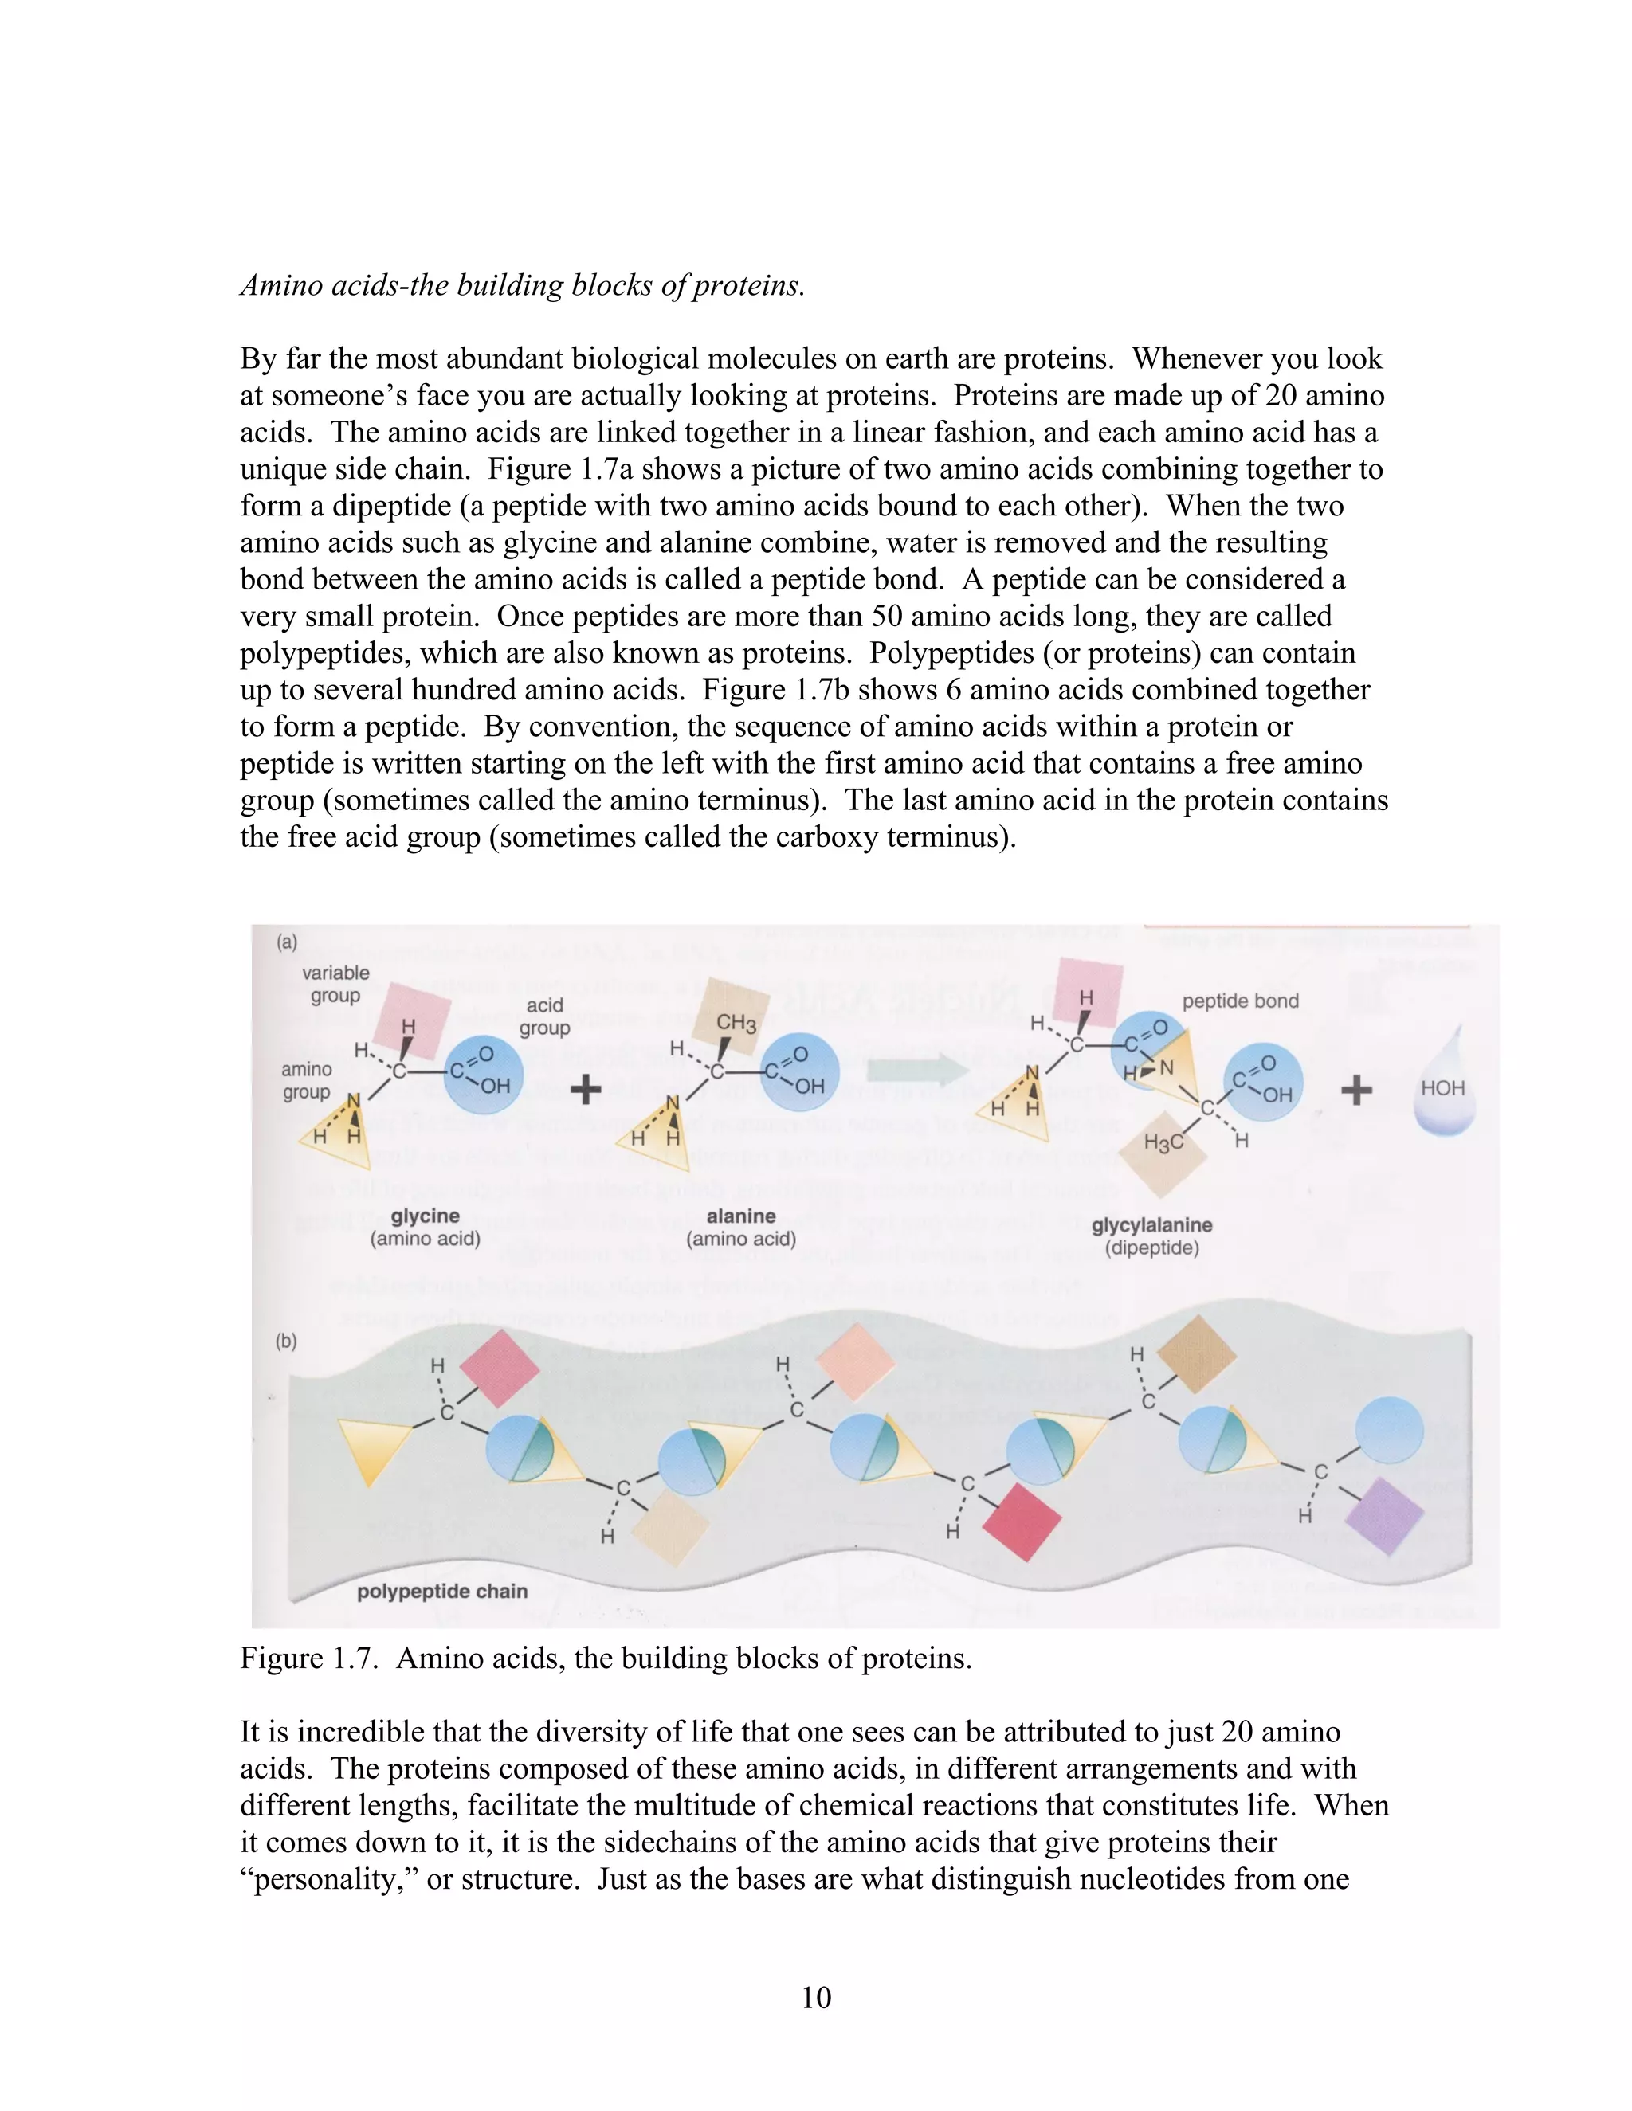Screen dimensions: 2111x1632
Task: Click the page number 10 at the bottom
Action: (x=816, y=1997)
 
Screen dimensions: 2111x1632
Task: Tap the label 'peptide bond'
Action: (x=1241, y=1001)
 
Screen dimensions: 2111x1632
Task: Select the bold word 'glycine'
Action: (x=426, y=1216)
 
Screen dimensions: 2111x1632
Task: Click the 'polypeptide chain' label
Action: (x=441, y=1591)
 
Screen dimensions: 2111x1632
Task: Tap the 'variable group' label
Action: (x=335, y=984)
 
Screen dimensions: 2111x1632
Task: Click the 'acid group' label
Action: (x=544, y=1016)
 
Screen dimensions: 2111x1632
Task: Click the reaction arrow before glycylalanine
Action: (x=917, y=1069)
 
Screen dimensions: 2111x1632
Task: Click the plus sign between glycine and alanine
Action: (x=586, y=1091)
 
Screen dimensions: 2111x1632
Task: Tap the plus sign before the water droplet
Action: (x=1356, y=1091)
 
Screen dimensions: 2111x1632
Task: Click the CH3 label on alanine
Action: (x=736, y=1023)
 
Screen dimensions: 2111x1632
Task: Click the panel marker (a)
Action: (x=286, y=942)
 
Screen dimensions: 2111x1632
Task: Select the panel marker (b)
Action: (x=286, y=1341)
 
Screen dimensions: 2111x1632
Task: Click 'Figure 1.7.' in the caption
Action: (x=309, y=1659)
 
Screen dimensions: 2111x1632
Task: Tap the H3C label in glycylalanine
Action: (x=1163, y=1143)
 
